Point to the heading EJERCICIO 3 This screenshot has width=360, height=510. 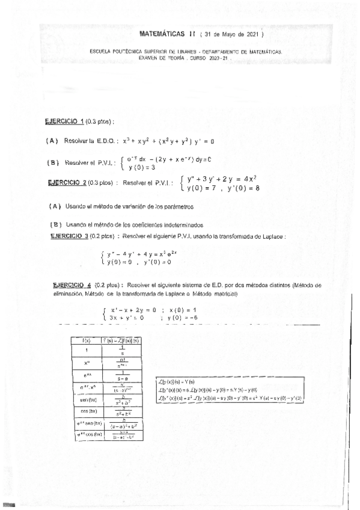[70, 236]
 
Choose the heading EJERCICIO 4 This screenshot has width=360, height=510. [72, 286]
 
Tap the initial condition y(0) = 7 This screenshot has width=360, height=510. [204, 189]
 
